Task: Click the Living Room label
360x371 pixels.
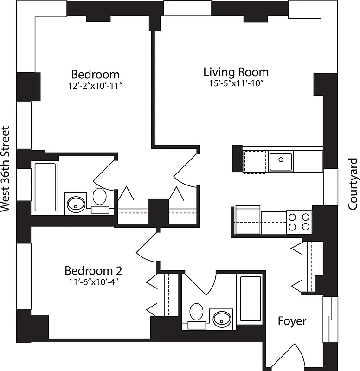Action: click(x=236, y=72)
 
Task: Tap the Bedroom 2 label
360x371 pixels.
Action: click(x=93, y=270)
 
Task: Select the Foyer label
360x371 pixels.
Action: click(x=292, y=320)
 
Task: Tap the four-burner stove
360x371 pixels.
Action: click(x=299, y=222)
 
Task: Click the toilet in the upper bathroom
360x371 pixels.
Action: click(x=100, y=197)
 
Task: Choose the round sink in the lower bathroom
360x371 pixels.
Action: click(x=221, y=318)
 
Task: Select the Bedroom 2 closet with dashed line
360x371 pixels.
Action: click(x=171, y=295)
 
